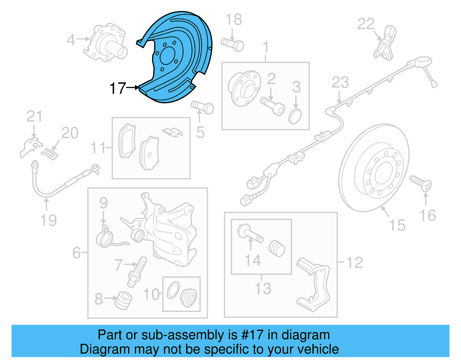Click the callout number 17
118,88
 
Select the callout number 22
366,24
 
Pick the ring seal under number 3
295,116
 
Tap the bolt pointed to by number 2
273,106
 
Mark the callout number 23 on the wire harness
340,83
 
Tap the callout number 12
354,263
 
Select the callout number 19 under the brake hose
48,220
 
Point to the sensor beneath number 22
386,43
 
